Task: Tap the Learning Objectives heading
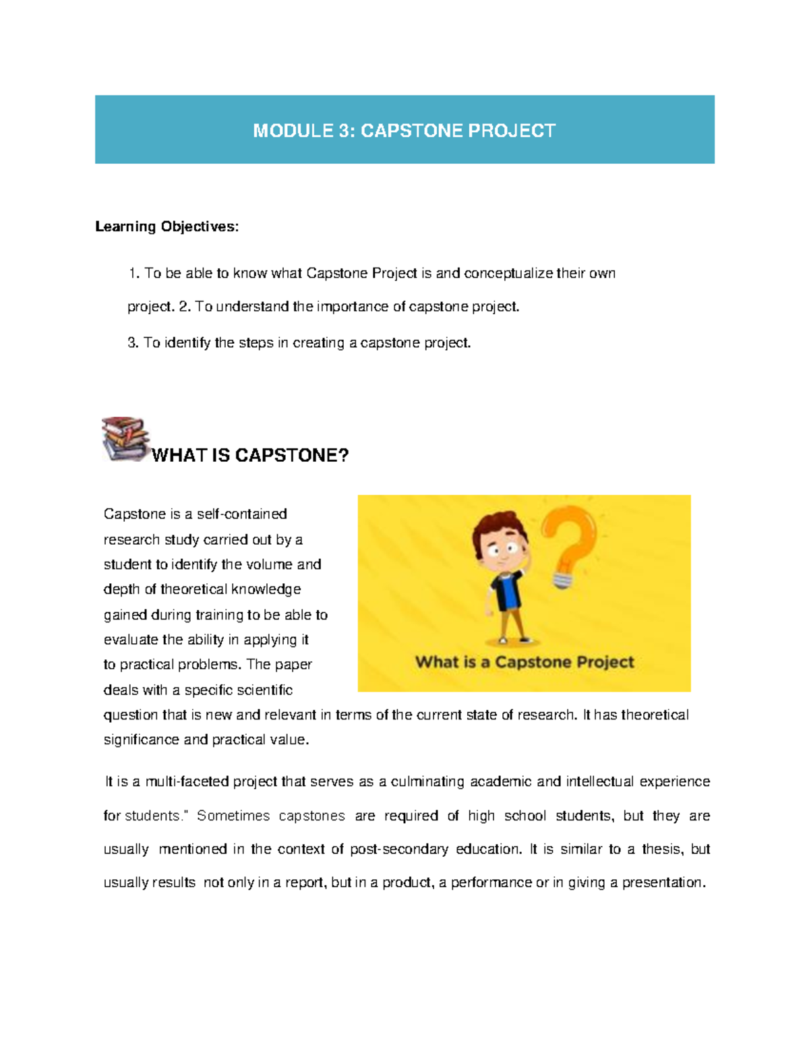click(167, 227)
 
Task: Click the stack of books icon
click(125, 438)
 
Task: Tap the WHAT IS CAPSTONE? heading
click(250, 456)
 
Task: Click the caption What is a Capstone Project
click(525, 662)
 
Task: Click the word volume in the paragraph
click(270, 564)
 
